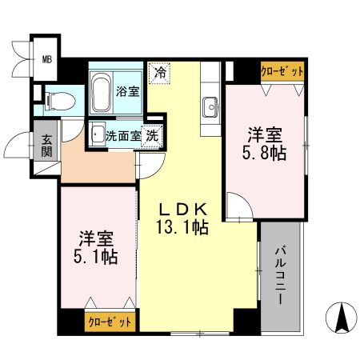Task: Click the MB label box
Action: [x=47, y=58]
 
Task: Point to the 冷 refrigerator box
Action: [x=159, y=72]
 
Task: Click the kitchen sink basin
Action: [x=211, y=106]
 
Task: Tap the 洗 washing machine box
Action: [x=153, y=135]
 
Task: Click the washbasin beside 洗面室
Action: [x=97, y=134]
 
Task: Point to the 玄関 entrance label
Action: [x=47, y=146]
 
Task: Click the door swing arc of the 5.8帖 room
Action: [x=237, y=210]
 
